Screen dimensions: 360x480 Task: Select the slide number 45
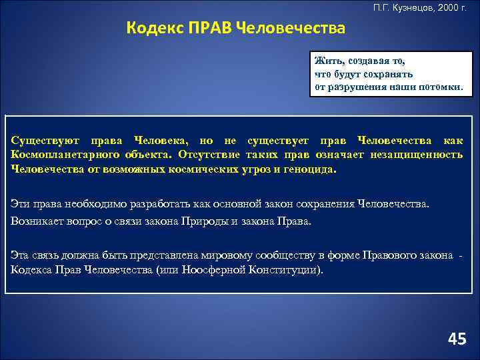point(457,339)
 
